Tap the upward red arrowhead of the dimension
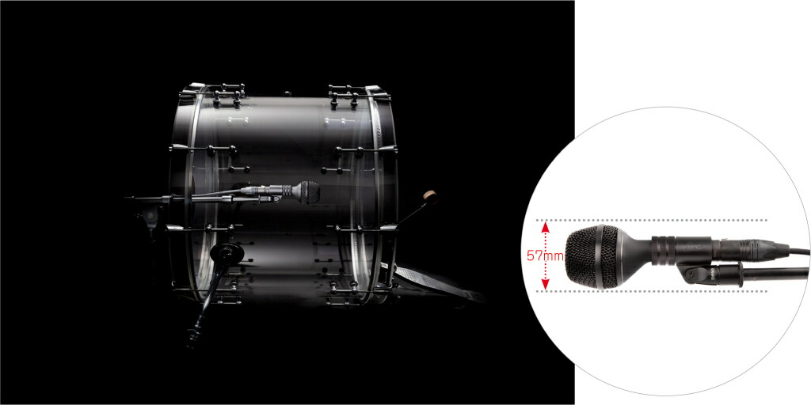[545, 226]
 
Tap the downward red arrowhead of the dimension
[545, 284]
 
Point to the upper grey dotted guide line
[653, 220]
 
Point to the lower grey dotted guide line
[653, 291]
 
